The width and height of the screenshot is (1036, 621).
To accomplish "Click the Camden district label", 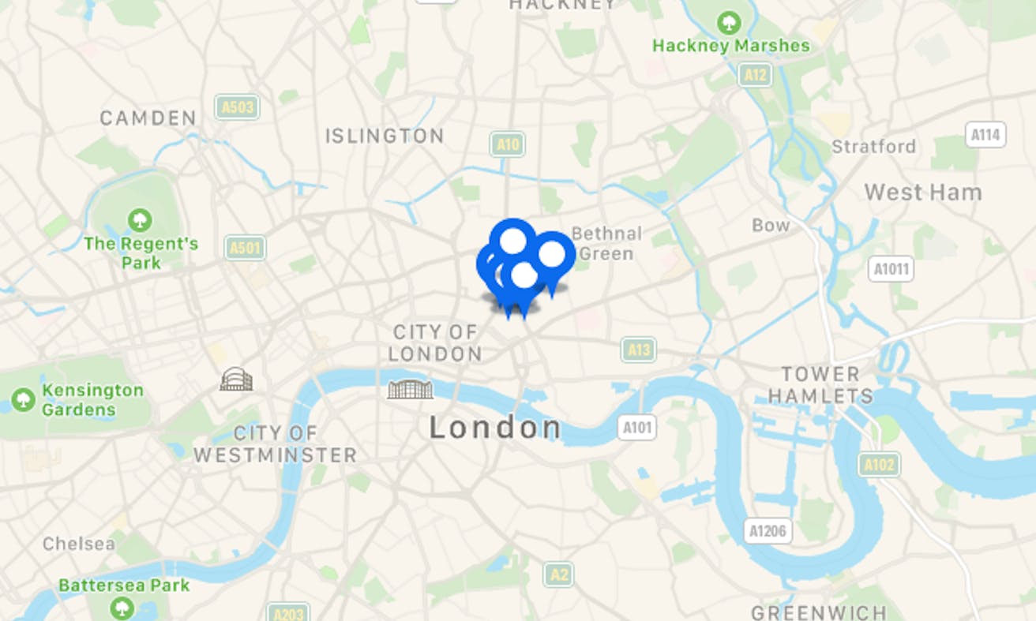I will [148, 118].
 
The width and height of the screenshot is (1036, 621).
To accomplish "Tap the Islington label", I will [385, 136].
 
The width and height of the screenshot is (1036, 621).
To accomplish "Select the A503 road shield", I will [237, 107].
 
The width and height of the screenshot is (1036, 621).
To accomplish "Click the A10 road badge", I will [507, 144].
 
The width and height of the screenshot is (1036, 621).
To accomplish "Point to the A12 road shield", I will [755, 75].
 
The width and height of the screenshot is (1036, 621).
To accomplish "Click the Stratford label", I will [873, 146].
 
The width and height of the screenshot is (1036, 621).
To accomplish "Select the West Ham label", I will [922, 192].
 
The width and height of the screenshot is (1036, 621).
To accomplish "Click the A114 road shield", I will [985, 135].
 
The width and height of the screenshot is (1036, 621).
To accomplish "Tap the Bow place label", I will [771, 225].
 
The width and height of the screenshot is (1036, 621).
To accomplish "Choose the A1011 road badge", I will [891, 268].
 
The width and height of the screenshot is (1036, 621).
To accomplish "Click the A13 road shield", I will [638, 349].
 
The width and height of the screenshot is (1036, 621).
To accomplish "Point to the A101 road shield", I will [636, 428].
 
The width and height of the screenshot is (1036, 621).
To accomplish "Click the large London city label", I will [495, 428].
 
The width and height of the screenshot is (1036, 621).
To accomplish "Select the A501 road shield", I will [244, 248].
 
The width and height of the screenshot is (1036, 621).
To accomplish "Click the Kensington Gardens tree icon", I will [23, 399].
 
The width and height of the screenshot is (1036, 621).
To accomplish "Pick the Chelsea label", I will [78, 544].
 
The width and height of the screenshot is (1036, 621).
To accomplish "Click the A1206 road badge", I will [768, 530].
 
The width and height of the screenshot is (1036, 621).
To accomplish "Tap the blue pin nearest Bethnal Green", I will [551, 255].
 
